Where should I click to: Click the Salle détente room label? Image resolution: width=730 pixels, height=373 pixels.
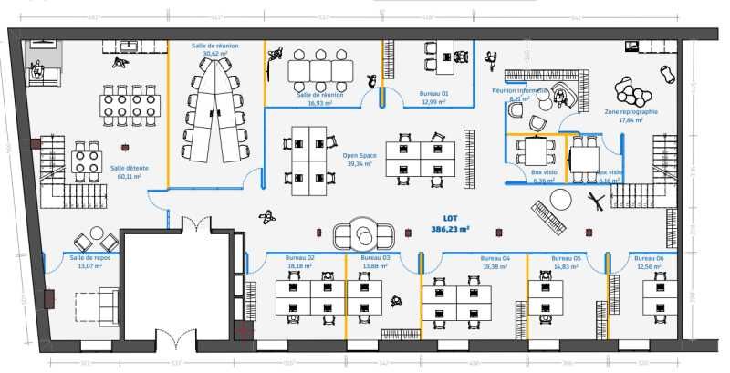click(130, 168)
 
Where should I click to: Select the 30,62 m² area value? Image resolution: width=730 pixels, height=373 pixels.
click(215, 54)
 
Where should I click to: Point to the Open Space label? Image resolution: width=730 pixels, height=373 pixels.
click(360, 156)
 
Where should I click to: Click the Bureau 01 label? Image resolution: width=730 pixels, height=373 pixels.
click(433, 94)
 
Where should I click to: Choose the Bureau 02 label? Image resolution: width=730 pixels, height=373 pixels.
click(299, 258)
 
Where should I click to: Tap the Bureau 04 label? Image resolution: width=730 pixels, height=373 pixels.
click(495, 258)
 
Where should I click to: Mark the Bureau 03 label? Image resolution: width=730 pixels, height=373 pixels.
click(375, 258)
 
